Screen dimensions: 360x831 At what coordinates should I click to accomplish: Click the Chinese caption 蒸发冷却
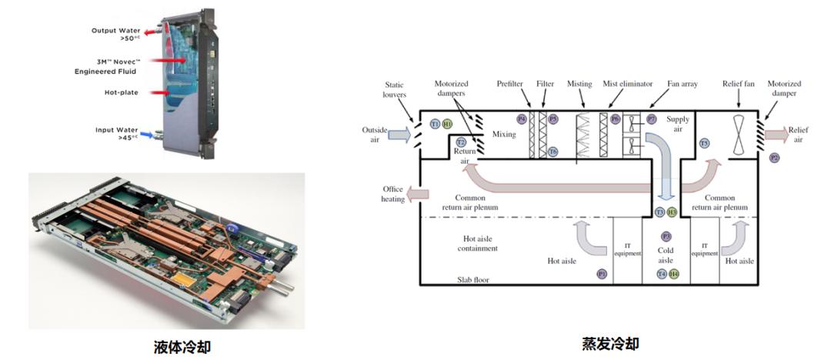tap(610, 342)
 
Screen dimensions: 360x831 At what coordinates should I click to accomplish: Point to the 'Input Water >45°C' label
tap(117, 133)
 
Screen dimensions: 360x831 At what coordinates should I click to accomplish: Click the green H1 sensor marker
tap(447, 123)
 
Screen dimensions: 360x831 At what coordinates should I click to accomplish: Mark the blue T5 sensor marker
tap(704, 143)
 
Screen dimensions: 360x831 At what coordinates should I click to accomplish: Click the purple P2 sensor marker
tap(775, 158)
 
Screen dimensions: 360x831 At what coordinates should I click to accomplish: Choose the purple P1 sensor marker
tap(602, 273)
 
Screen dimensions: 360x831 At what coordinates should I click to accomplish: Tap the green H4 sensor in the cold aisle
tap(674, 273)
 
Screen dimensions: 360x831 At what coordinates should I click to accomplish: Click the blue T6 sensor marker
tap(552, 152)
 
